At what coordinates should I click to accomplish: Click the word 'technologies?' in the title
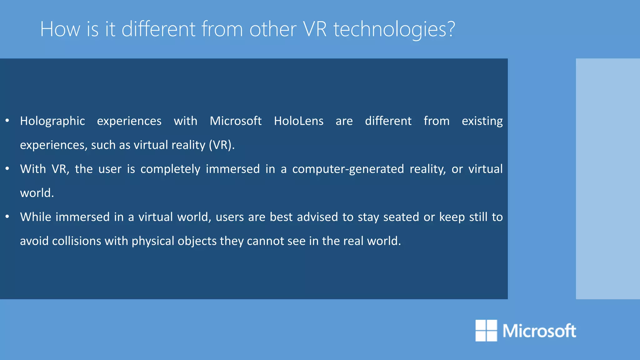(x=394, y=29)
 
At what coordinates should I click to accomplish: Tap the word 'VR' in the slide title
(x=315, y=29)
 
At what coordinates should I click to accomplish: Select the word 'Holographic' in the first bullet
(x=52, y=121)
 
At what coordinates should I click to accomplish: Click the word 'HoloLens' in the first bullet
(x=298, y=121)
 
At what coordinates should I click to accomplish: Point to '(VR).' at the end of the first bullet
(x=222, y=145)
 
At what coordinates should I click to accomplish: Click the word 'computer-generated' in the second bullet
(x=348, y=169)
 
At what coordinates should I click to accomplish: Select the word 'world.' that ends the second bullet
(x=37, y=193)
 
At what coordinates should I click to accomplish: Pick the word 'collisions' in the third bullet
(x=77, y=241)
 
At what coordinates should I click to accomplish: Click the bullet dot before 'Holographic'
(x=7, y=120)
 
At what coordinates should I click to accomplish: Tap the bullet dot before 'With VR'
(x=7, y=168)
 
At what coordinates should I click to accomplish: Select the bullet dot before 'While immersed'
(x=7, y=216)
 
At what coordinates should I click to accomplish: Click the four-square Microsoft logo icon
(x=486, y=330)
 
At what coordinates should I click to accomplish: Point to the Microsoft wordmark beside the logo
(x=539, y=331)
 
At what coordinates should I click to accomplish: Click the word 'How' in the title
(x=60, y=29)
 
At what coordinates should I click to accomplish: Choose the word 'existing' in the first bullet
(x=482, y=121)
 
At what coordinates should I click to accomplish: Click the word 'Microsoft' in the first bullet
(x=236, y=121)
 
